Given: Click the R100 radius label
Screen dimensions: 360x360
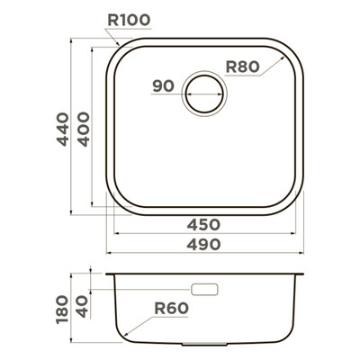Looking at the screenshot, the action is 129,20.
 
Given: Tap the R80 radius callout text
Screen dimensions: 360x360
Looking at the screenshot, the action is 242,67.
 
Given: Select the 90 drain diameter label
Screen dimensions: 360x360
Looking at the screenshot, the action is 163,86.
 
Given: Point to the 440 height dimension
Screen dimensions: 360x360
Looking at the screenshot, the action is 63,129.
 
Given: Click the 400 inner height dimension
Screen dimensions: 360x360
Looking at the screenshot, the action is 84,129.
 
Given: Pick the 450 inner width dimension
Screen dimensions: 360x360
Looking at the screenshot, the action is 203,224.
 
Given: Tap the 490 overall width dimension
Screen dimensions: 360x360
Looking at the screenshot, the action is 203,245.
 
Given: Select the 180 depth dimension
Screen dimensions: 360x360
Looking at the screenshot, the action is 62,310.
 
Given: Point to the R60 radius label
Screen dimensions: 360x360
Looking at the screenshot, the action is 172,308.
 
